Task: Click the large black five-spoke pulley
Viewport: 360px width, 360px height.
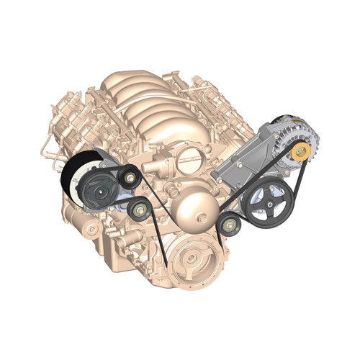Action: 266,202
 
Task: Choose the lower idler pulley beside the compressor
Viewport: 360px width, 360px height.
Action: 138,210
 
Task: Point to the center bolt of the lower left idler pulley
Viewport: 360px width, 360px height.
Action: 139,210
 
